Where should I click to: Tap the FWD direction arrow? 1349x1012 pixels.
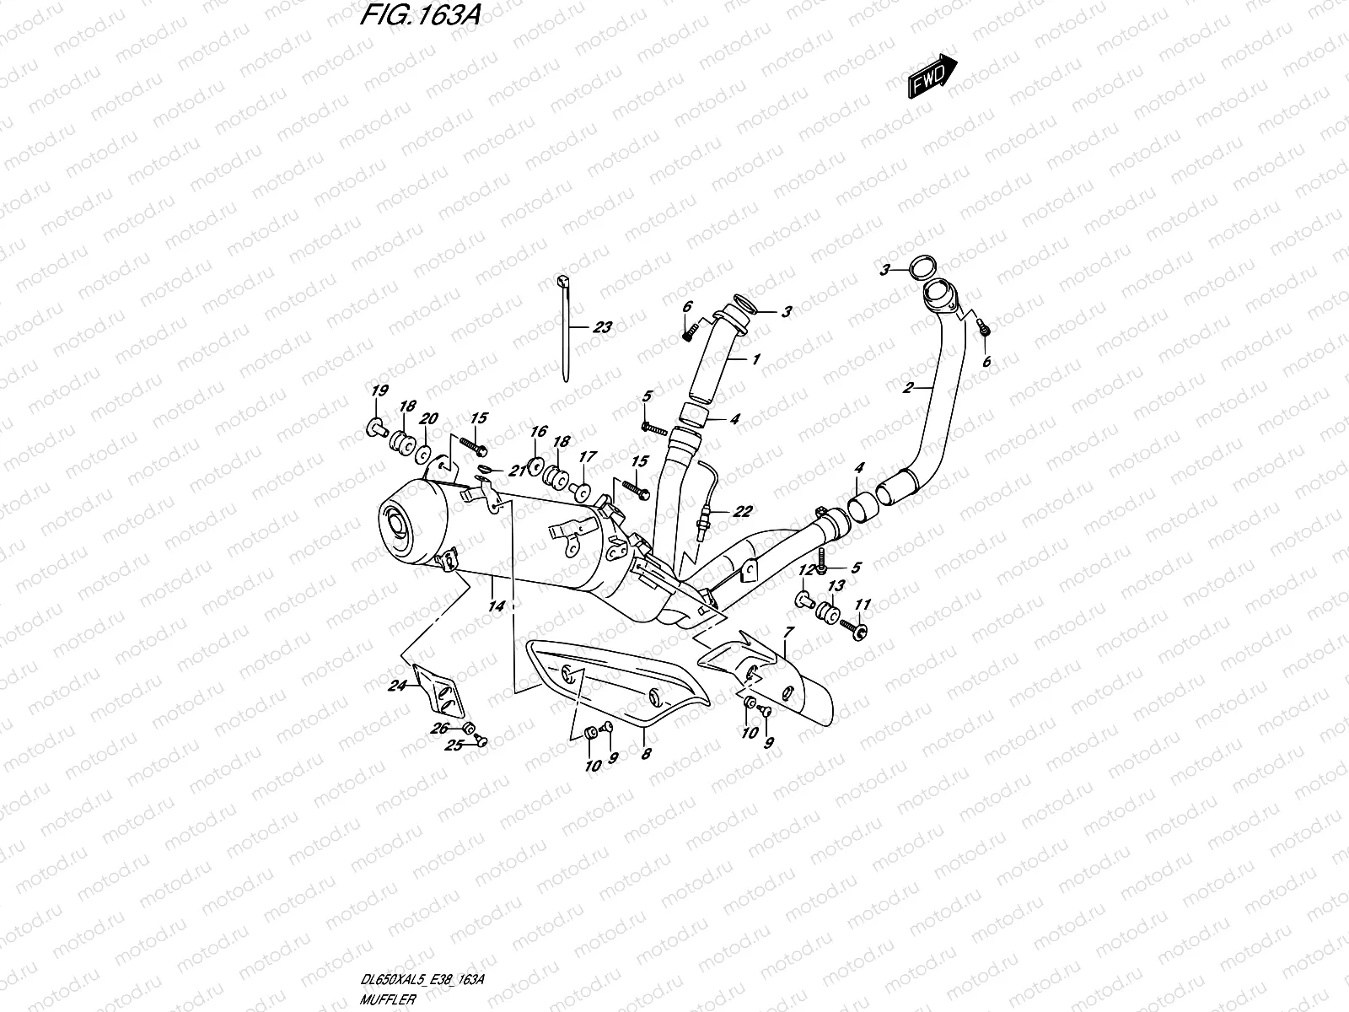(932, 76)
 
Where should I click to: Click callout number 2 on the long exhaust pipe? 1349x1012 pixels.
(908, 389)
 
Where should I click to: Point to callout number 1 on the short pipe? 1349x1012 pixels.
(755, 359)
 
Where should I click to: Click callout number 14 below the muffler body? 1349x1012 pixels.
(496, 606)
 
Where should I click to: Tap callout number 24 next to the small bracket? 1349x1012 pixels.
(396, 686)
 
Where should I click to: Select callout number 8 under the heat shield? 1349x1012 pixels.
(645, 756)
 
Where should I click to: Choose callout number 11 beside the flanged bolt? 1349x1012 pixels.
(862, 605)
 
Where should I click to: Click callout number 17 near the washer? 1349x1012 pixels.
(588, 457)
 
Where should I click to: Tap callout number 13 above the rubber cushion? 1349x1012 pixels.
(836, 586)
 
